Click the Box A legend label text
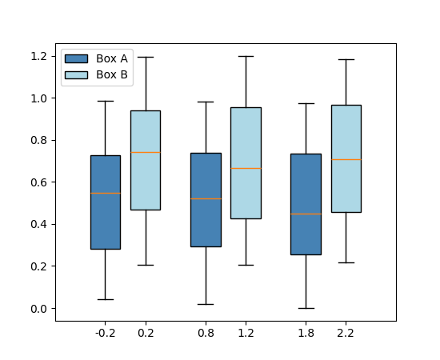[x=112, y=58]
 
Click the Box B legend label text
[x=112, y=74]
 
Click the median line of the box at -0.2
[x=105, y=193]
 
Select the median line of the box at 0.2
[x=145, y=152]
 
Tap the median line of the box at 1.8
[x=306, y=214]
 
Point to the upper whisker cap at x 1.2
[x=246, y=56]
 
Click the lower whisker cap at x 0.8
[x=206, y=304]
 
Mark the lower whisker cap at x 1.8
[x=306, y=308]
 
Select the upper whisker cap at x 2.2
[x=346, y=59]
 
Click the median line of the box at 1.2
[x=246, y=168]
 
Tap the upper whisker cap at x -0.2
[x=105, y=101]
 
